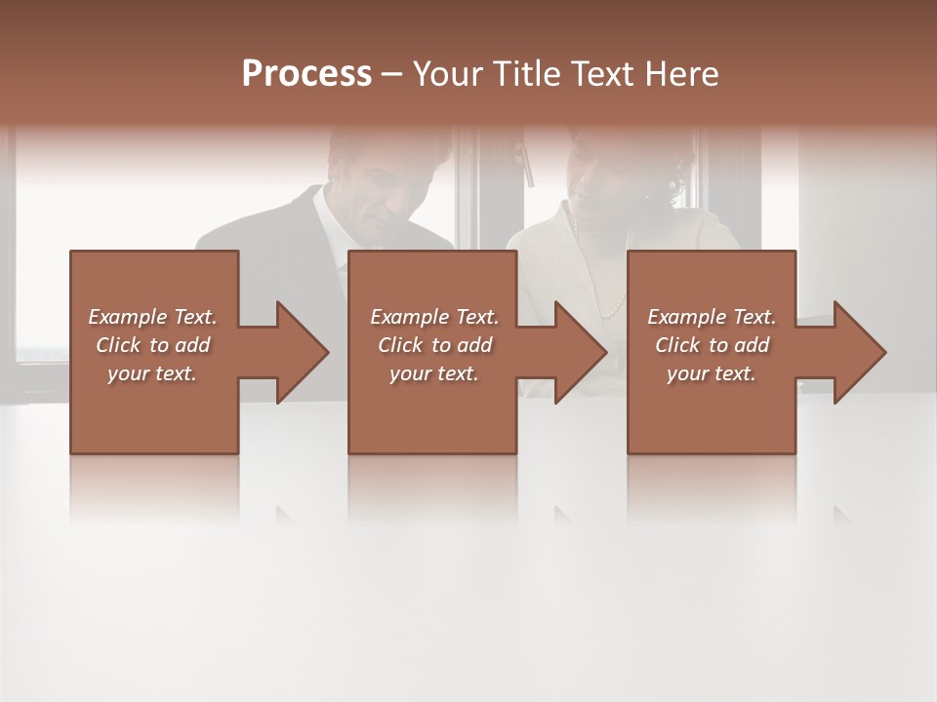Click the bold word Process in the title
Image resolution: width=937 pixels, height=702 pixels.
(306, 74)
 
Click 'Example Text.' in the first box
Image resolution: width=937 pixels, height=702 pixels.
(152, 317)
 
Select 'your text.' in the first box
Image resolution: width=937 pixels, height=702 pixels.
(152, 373)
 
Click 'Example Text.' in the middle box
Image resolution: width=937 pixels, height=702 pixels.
(434, 317)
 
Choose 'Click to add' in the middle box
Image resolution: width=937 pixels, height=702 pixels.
(434, 345)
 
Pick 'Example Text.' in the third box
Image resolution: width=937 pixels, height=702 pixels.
(712, 317)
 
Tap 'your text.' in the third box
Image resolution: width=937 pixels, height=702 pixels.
(712, 373)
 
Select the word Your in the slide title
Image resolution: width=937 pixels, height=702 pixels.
(446, 74)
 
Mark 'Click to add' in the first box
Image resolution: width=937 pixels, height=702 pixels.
(152, 345)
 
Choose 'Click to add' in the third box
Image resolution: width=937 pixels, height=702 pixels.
(712, 345)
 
